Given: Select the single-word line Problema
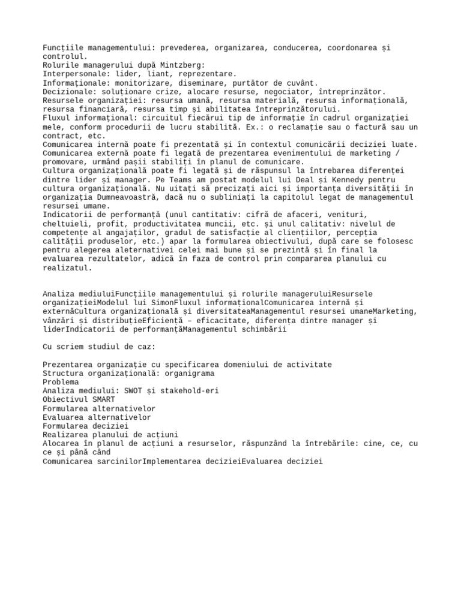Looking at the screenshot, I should click(60, 381).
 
